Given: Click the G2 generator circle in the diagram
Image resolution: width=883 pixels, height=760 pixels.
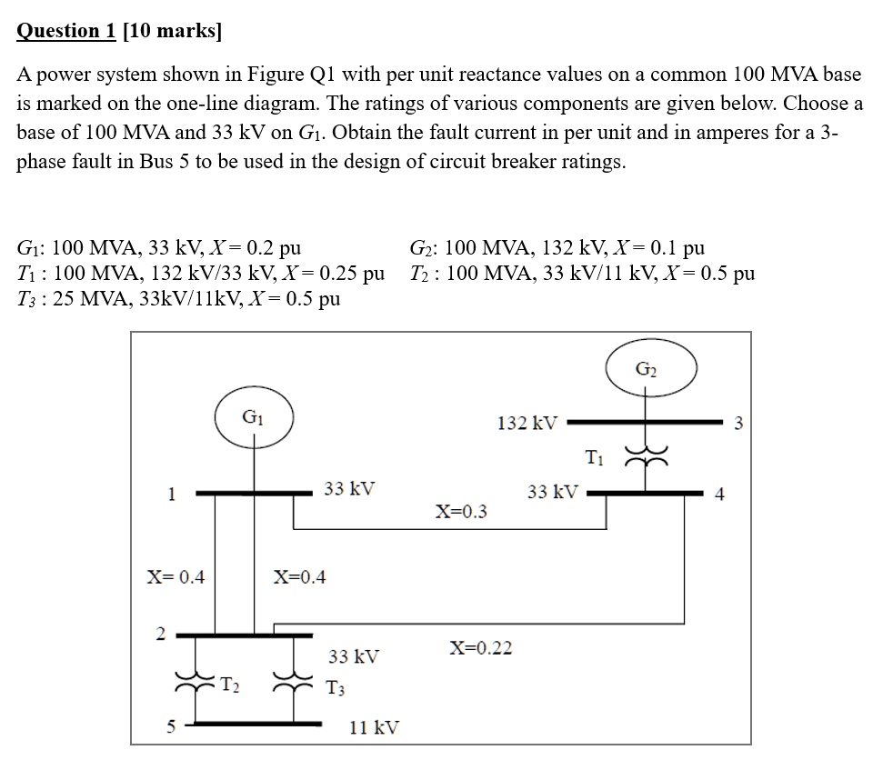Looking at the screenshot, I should (x=652, y=369).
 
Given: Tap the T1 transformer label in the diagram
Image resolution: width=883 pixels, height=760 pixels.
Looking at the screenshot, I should (x=594, y=456).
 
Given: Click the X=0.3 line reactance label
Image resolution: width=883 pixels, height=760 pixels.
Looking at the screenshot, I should (x=460, y=511).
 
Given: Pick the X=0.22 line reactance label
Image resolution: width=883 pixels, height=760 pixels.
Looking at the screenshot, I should (x=481, y=647).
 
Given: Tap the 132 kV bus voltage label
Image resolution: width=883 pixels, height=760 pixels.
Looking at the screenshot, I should (x=526, y=424).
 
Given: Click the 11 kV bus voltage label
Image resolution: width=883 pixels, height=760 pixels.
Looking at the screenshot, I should (x=374, y=727).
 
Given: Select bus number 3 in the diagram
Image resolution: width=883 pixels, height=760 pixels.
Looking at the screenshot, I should (x=738, y=422).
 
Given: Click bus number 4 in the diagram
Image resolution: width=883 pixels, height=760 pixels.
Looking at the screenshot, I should (x=720, y=495).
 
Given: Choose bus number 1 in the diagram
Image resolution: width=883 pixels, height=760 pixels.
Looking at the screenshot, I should (x=171, y=494).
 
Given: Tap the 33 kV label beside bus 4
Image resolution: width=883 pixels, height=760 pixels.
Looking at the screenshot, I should (x=552, y=492).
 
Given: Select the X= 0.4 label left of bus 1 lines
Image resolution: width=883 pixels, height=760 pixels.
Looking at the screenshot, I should (x=176, y=576).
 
